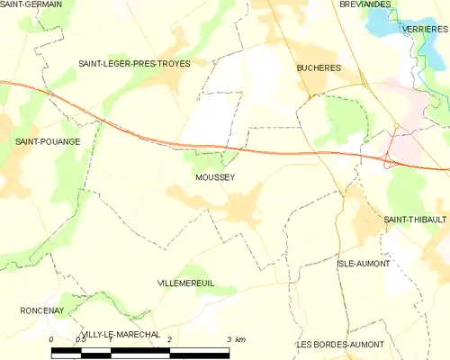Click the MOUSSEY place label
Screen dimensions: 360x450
[214, 177]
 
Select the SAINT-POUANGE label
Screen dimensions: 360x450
[48, 141]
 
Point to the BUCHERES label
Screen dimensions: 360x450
[316, 67]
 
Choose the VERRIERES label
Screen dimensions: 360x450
[427, 30]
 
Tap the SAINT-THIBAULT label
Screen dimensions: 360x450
[415, 219]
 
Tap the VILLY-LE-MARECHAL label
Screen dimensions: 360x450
[121, 334]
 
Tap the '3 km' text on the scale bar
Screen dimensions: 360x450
[237, 339]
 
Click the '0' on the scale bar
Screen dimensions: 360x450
[52, 339]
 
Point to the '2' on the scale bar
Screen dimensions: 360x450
[170, 339]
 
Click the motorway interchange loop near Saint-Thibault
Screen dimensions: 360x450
[388, 162]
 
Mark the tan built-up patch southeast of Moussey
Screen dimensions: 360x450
[241, 209]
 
